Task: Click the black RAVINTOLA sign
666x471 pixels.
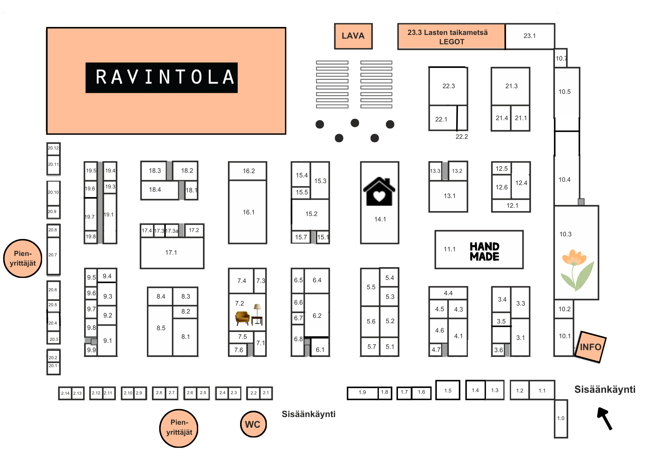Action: click(x=162, y=77)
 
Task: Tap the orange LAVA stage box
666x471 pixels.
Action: click(x=353, y=36)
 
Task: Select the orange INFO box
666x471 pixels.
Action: click(x=590, y=347)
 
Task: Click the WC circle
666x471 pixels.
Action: click(x=253, y=424)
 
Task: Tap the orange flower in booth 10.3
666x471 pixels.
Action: click(x=573, y=258)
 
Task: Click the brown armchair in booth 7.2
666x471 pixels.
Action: click(x=242, y=318)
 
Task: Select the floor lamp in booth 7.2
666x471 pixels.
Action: click(x=257, y=311)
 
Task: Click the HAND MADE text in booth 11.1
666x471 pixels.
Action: click(x=484, y=251)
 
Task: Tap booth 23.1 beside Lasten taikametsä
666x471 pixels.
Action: click(x=529, y=36)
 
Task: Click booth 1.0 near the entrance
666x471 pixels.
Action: click(x=561, y=418)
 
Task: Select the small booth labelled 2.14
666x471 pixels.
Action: click(x=65, y=393)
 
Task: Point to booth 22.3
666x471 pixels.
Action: click(x=448, y=86)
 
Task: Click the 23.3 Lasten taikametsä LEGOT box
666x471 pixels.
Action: click(x=451, y=37)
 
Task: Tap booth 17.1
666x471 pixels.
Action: click(x=172, y=253)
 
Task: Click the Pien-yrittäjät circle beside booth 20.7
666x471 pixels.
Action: click(x=23, y=258)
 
